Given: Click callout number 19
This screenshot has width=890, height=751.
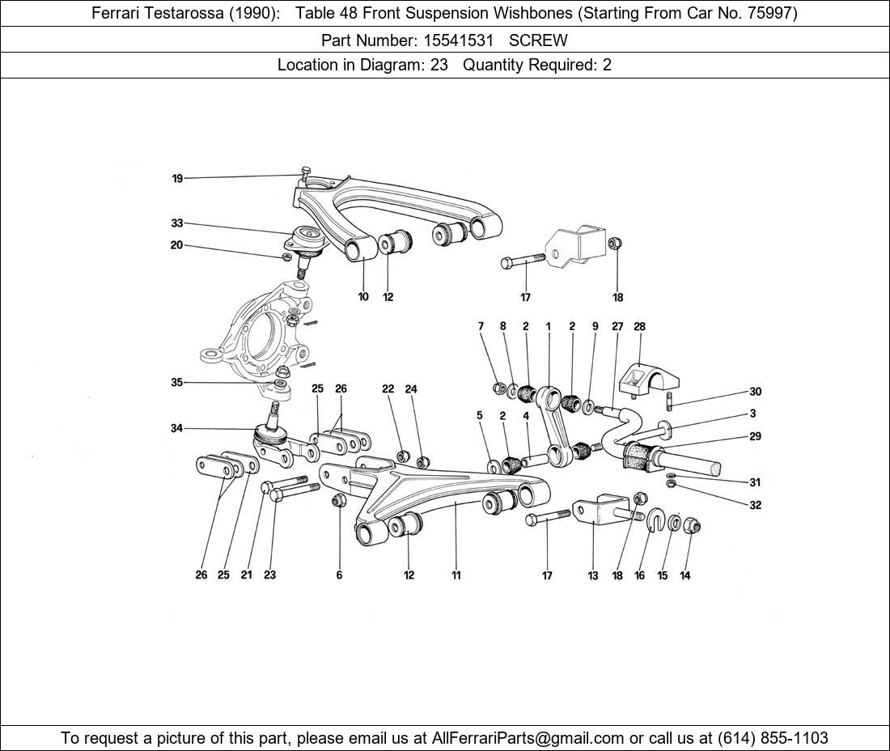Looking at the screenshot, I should [177, 179].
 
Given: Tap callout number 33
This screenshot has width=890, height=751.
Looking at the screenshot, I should [177, 223].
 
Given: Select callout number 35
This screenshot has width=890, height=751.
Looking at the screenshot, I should [177, 383].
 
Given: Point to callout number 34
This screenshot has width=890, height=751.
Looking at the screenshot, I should [177, 428].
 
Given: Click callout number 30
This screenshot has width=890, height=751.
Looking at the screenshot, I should [755, 392].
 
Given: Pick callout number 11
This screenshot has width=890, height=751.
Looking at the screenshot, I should [456, 575].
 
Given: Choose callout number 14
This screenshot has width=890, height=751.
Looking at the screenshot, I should [685, 575].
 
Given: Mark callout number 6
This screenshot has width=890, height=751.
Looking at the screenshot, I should [339, 575].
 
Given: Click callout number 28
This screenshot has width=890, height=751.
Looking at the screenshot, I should [639, 327].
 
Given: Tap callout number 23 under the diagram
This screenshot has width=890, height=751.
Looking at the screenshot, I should [269, 575].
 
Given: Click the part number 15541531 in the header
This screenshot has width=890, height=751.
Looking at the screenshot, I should [462, 40].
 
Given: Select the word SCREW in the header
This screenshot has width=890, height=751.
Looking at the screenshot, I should [538, 40].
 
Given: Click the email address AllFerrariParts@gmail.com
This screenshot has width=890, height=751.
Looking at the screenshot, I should [528, 738].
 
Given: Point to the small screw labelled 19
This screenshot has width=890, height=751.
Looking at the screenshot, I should [304, 174].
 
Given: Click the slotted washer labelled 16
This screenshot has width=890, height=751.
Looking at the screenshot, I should [654, 520].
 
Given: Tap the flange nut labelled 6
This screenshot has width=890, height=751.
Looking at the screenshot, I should [340, 501].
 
